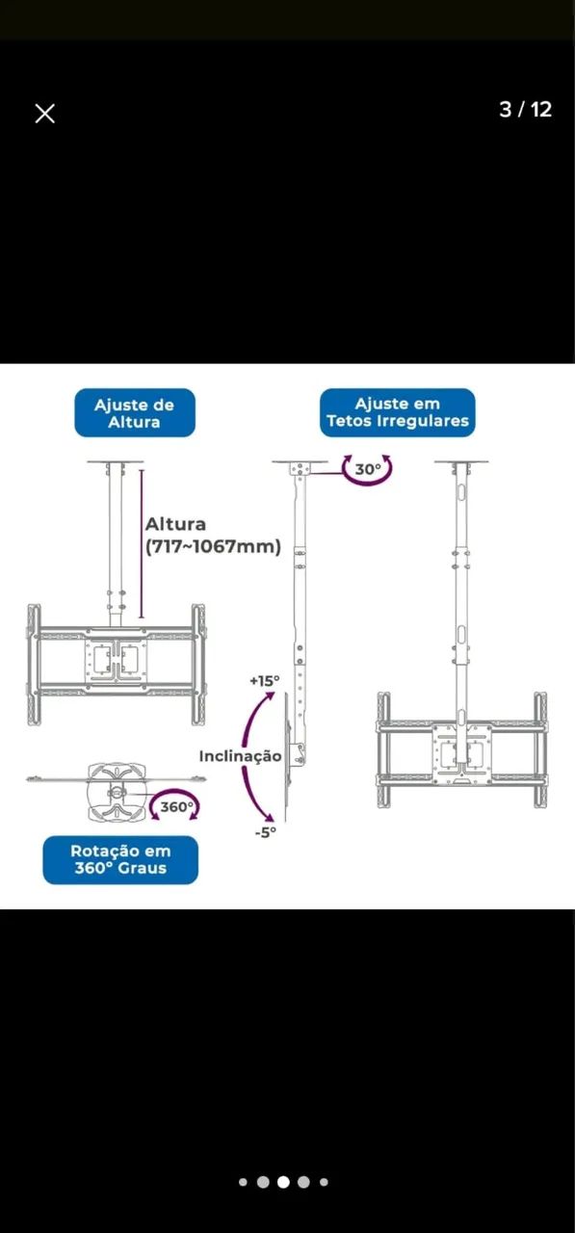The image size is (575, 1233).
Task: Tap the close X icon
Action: pos(44,114)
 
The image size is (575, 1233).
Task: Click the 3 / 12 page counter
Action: pos(525,110)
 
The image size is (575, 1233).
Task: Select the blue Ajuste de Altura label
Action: pos(135,413)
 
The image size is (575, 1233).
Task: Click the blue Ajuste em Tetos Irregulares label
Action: pos(398,413)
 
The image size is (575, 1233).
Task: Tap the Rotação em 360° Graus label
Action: pos(120,859)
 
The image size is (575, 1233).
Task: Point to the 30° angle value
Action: pos(368,469)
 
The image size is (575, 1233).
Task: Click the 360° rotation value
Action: pos(176,807)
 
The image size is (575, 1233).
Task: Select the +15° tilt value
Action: pos(264,681)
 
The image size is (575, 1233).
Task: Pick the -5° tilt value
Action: pos(265,831)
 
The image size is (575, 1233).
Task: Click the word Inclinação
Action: pos(240,756)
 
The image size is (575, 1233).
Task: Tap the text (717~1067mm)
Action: pos(213,547)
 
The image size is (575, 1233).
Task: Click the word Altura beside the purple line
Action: pos(175,525)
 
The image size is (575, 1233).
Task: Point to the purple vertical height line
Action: pos(142,543)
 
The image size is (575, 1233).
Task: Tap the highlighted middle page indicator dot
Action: pos(283,1182)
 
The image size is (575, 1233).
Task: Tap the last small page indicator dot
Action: pos(324,1182)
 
